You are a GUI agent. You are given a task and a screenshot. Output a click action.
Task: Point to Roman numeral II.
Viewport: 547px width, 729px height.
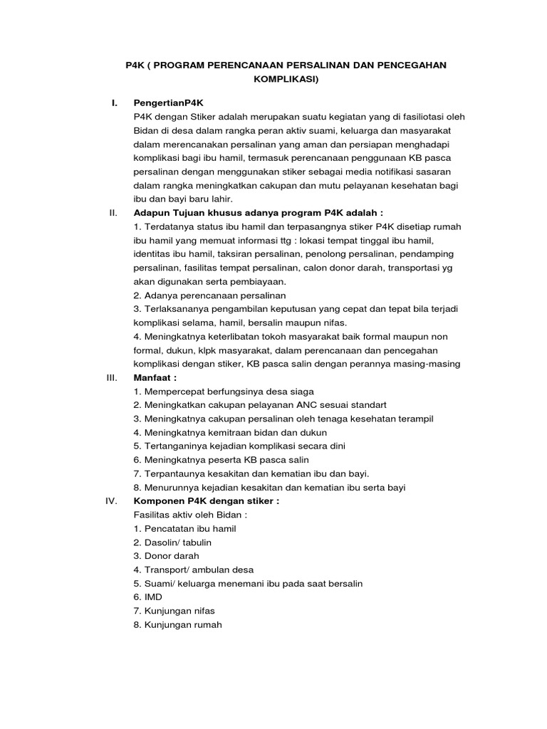[113, 212]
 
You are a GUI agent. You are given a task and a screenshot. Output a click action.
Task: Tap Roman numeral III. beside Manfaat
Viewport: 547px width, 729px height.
[111, 378]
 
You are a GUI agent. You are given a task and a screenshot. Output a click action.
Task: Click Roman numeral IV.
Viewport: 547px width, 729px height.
[111, 500]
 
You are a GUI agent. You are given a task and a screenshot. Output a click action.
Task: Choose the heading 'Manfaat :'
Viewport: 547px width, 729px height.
[155, 378]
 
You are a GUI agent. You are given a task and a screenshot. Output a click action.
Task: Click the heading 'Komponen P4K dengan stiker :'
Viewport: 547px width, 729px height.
[207, 500]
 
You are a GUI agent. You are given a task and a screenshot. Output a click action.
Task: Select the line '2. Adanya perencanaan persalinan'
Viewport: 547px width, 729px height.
[209, 295]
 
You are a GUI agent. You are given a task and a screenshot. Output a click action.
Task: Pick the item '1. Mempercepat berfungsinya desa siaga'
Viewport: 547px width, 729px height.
[224, 392]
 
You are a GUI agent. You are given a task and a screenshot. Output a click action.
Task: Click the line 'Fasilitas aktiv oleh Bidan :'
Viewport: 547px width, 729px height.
[194, 515]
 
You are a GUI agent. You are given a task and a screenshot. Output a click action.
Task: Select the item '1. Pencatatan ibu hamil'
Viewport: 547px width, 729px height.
[184, 528]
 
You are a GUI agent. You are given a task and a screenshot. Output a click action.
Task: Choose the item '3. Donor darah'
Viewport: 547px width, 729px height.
[166, 555]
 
